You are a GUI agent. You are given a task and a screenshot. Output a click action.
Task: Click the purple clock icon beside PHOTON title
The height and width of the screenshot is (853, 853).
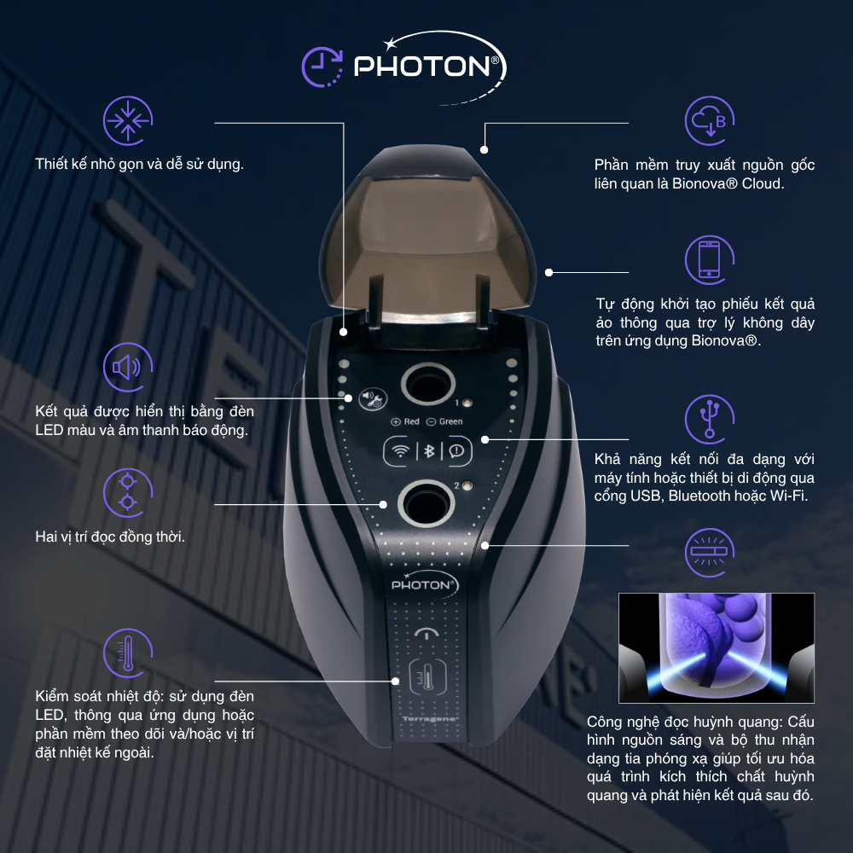(x=322, y=67)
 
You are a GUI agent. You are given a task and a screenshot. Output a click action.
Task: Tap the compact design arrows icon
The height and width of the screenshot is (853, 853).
(x=128, y=120)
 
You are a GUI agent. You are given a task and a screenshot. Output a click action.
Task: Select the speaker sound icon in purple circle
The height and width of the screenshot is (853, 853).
(x=128, y=367)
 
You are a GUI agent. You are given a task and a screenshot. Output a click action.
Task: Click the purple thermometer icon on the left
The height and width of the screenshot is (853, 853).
(x=128, y=653)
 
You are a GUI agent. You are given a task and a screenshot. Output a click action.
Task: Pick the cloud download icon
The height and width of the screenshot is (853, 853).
(x=710, y=120)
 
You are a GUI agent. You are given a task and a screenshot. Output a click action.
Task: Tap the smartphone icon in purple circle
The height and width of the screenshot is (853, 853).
(x=710, y=259)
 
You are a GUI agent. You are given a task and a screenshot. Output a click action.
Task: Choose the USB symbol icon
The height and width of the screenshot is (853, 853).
(x=710, y=419)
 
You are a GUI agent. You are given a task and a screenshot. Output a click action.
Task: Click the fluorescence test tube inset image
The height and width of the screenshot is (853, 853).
(x=717, y=648)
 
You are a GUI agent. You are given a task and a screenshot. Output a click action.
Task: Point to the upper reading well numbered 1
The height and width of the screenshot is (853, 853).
(x=428, y=385)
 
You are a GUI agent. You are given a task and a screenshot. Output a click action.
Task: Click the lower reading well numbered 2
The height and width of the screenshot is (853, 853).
(x=426, y=504)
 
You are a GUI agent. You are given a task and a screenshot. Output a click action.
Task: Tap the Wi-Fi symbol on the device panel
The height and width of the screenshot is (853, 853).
(x=401, y=451)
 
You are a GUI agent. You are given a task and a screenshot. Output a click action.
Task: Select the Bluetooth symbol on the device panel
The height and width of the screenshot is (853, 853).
(x=429, y=451)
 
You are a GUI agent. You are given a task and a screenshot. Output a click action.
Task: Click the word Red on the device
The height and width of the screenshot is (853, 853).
(x=412, y=421)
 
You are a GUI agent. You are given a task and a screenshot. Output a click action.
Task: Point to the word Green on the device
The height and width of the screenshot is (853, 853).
(x=451, y=421)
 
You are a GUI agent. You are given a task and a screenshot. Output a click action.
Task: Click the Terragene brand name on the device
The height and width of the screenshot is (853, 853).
(x=430, y=719)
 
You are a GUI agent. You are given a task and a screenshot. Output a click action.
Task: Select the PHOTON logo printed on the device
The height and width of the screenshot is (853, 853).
(x=425, y=583)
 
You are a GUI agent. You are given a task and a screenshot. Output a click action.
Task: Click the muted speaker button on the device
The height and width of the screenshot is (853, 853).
(x=373, y=400)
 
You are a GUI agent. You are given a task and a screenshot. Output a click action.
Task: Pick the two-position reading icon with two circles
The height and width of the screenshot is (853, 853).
(x=128, y=492)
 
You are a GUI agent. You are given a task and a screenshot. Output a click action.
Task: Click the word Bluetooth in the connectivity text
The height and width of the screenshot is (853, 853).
(x=697, y=496)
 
